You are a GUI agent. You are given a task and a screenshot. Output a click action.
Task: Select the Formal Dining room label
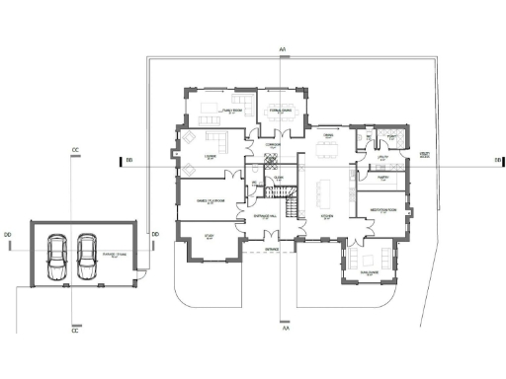[283, 111]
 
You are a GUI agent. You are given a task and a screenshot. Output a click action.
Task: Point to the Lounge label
[210, 156]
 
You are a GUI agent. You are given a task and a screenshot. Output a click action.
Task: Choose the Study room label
[210, 236]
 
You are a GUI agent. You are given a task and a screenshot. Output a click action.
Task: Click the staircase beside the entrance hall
[291, 207]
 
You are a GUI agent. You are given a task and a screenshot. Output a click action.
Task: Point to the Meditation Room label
[383, 210]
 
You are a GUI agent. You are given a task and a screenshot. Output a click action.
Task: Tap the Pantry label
[382, 178]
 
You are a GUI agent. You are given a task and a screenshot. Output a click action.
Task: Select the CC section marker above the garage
[74, 150]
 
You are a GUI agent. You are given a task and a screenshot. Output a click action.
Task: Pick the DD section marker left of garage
[8, 233]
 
